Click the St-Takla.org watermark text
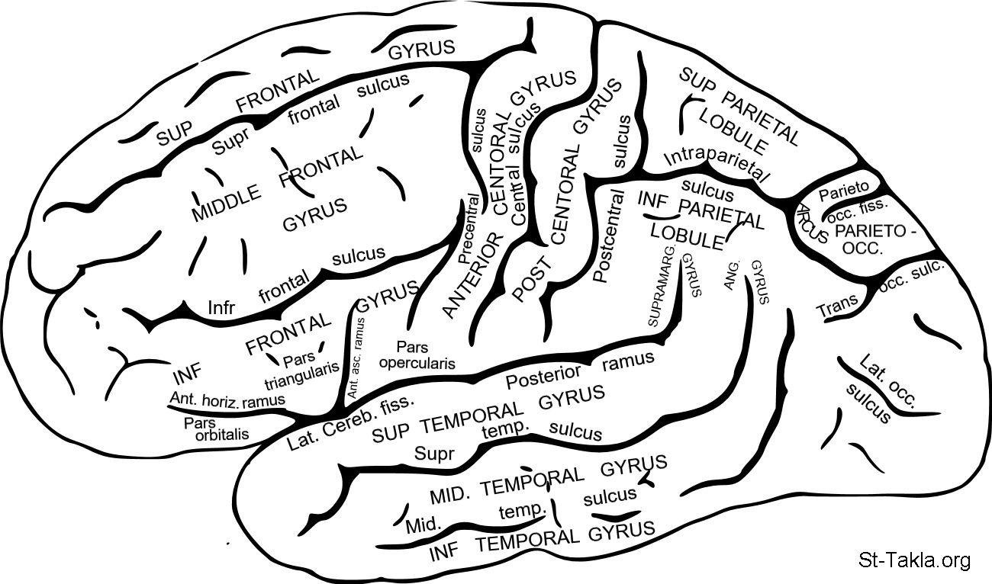pos(914,561)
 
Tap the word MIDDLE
pos(226,204)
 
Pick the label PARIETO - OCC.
pos(869,239)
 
